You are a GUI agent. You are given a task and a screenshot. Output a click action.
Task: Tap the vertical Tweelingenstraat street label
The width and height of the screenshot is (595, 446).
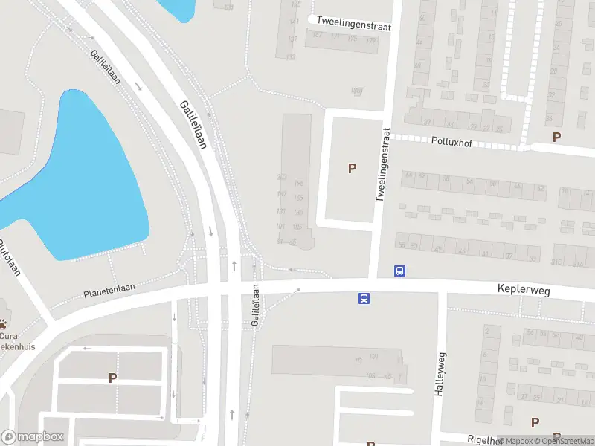tap(383, 165)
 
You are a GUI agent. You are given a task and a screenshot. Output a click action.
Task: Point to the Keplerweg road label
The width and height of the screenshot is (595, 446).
tap(524, 291)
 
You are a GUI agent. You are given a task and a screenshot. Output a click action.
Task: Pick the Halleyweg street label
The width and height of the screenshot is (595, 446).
tap(440, 374)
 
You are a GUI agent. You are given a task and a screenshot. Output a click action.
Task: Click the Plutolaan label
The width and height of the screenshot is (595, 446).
tap(9, 257)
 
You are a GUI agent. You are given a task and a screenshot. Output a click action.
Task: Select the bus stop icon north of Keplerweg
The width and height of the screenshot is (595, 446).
tap(399, 271)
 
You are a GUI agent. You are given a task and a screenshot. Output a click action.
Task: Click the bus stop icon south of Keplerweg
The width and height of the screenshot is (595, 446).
tap(364, 298)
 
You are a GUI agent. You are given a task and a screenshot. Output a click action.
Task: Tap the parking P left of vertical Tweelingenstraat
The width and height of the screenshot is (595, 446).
tap(352, 169)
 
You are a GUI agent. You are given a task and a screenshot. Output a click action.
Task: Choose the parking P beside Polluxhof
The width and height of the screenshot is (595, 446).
tap(556, 137)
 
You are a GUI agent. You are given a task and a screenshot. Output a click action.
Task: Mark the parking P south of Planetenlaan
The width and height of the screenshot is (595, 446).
tap(112, 378)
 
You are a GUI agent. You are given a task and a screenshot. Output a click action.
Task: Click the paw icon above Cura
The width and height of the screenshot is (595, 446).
tap(4, 324)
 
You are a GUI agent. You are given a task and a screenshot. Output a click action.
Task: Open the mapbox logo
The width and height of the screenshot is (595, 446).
tap(33, 436)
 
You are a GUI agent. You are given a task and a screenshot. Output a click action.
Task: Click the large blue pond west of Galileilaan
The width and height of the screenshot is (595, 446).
tap(82, 178)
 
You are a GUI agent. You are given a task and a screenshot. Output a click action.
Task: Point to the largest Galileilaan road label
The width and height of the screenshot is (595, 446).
tap(193, 124)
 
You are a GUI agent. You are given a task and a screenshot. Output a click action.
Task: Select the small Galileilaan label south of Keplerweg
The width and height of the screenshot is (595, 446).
tap(255, 306)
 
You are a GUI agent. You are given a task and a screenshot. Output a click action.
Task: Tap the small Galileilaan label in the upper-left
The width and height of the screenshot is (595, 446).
tap(106, 67)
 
